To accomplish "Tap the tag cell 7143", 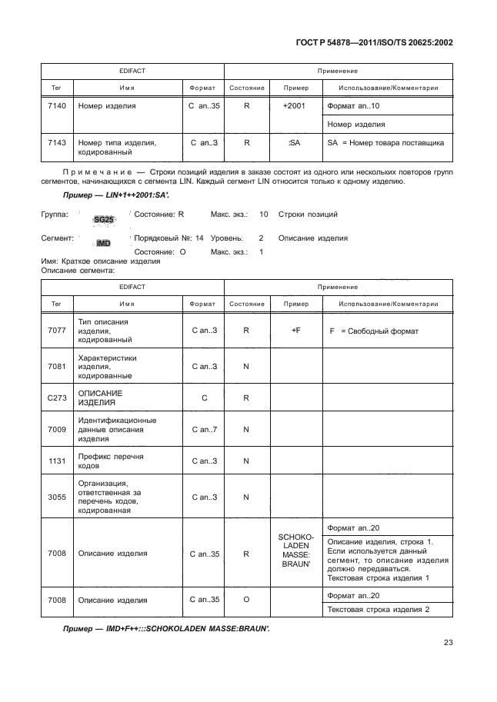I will [55, 142].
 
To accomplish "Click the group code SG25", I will [103, 219].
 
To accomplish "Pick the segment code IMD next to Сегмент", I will [103, 243].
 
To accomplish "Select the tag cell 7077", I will [55, 331].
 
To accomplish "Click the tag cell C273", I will [55, 398].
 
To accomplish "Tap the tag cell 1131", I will [55, 461].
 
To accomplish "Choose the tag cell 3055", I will [55, 497].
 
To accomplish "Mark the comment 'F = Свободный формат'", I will [373, 331].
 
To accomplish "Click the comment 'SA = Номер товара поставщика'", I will [385, 142].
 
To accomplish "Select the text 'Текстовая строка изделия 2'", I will [378, 609].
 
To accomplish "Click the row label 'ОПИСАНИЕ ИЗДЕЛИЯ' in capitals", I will [101, 398].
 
